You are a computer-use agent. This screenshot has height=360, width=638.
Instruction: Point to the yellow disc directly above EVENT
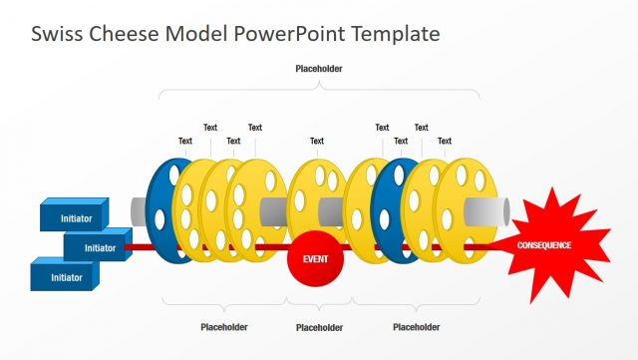(316, 199)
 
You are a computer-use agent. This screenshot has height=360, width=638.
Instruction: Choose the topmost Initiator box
(76, 216)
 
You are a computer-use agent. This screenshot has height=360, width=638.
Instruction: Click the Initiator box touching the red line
(99, 246)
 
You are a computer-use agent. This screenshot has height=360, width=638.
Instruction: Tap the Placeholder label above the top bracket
(319, 69)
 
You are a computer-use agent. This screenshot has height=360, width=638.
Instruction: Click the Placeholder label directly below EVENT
(319, 327)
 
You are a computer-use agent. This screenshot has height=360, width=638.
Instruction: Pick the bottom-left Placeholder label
(224, 326)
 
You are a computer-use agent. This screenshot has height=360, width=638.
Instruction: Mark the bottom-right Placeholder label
(417, 326)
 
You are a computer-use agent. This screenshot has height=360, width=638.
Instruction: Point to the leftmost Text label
(185, 141)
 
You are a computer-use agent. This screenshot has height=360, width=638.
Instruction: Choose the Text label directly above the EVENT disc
(317, 141)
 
